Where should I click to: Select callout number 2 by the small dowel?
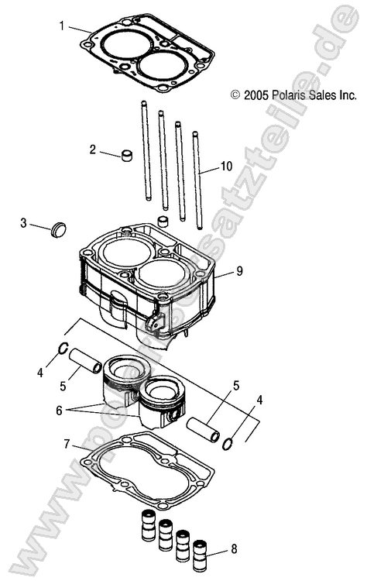93,149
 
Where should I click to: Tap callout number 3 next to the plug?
24,223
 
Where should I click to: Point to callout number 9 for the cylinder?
239,271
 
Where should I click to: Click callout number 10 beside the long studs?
226,166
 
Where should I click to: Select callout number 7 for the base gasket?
67,445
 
